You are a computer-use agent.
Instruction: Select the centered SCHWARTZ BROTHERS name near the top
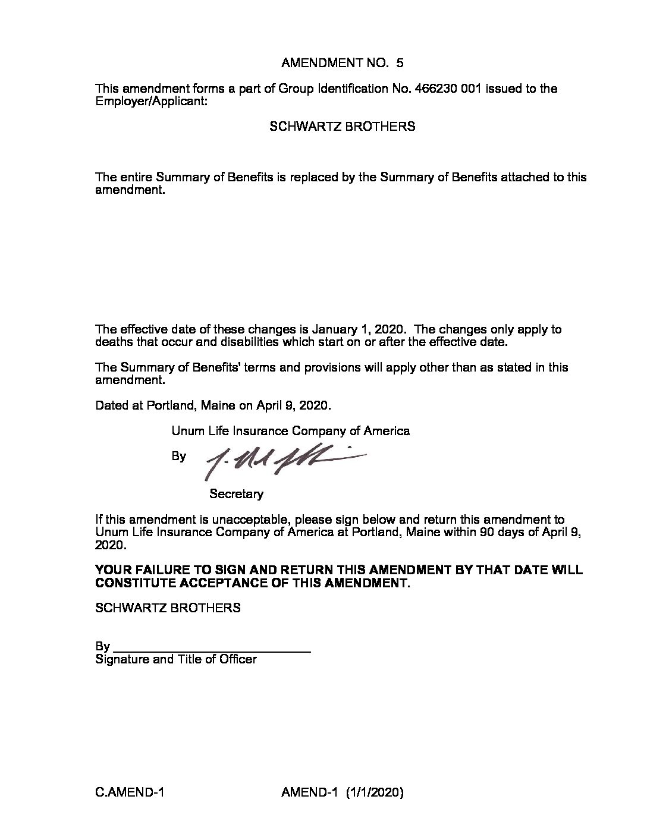[x=343, y=127]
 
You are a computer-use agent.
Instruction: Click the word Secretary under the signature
[x=236, y=494]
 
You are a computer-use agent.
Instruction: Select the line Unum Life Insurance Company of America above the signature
[x=290, y=431]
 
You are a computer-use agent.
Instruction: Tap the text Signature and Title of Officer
[x=176, y=659]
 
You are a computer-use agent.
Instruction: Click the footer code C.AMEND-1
[x=130, y=792]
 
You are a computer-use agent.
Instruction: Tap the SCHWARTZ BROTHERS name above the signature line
[x=168, y=608]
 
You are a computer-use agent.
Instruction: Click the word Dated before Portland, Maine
[x=112, y=406]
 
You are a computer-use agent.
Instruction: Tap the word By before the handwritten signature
[x=178, y=457]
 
